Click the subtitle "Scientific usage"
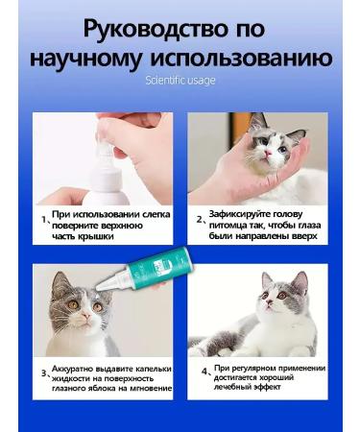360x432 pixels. click(180, 81)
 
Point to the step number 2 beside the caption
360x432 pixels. click(200, 218)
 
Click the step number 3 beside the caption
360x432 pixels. click(43, 373)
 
